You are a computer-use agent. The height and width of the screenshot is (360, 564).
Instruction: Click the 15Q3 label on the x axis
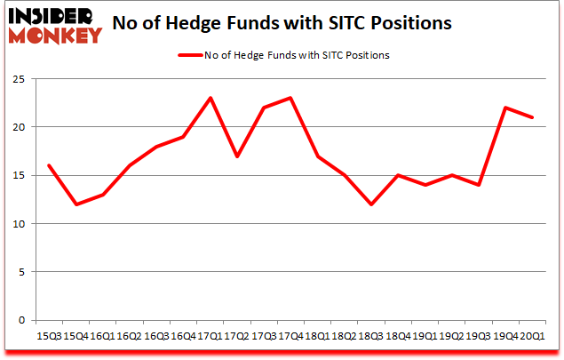(50, 337)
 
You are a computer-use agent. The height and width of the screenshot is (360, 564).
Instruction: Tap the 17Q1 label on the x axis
(210, 337)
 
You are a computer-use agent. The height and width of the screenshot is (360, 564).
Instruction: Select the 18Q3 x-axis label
(370, 337)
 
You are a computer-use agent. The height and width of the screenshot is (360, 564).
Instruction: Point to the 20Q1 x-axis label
(532, 337)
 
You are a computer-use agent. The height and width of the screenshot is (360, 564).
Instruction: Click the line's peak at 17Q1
(210, 98)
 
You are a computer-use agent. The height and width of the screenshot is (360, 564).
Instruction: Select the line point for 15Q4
(76, 204)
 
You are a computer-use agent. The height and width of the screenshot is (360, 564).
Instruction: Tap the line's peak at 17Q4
(290, 98)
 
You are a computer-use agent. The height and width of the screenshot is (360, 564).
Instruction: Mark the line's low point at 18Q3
(370, 204)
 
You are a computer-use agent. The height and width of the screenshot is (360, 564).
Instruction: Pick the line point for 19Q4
(504, 108)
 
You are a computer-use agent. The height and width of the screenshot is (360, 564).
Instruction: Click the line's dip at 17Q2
(236, 156)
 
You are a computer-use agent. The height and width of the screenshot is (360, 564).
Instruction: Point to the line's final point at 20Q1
(532, 117)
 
